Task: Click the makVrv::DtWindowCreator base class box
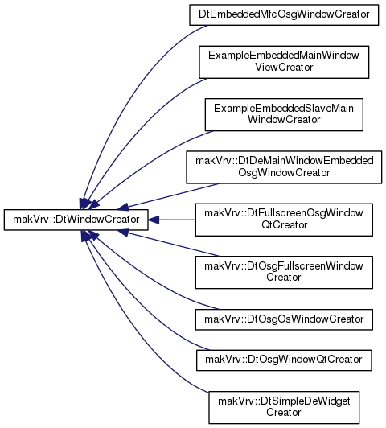pyautogui.click(x=76, y=220)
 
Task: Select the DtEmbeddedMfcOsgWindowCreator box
pyautogui.click(x=284, y=14)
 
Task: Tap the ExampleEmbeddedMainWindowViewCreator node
pyautogui.click(x=284, y=62)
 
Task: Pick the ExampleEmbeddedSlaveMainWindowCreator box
pyautogui.click(x=284, y=114)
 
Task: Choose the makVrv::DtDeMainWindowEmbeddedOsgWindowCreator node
pyautogui.click(x=284, y=167)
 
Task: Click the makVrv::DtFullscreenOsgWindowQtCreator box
pyautogui.click(x=284, y=220)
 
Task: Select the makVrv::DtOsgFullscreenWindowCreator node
pyautogui.click(x=284, y=273)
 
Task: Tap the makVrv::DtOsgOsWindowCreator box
pyautogui.click(x=284, y=319)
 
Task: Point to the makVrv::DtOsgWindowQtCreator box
pyautogui.click(x=284, y=360)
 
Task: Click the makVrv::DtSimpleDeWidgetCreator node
pyautogui.click(x=284, y=408)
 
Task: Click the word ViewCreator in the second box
pyautogui.click(x=284, y=67)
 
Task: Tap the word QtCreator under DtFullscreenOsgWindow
pyautogui.click(x=284, y=225)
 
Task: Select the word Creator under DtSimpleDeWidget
pyautogui.click(x=284, y=412)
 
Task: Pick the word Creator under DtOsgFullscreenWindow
pyautogui.click(x=284, y=278)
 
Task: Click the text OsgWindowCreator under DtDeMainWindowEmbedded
pyautogui.click(x=284, y=172)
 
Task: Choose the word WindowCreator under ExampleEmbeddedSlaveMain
pyautogui.click(x=284, y=120)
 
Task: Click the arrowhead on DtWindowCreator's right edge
pyautogui.click(x=154, y=220)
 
